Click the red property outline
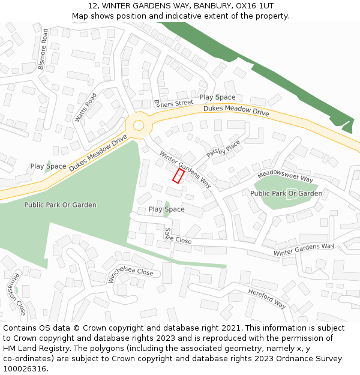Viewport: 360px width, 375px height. pos(178,175)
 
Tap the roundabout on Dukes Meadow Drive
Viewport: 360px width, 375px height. pos(139,125)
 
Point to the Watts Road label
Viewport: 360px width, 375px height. pos(86,108)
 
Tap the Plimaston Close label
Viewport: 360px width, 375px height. pos(16,293)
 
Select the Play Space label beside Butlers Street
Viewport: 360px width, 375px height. pos(217,97)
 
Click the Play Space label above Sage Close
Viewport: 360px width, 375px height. pos(166,209)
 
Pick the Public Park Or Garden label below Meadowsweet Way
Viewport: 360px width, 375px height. pos(286,193)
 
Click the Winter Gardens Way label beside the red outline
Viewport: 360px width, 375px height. pos(185,168)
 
